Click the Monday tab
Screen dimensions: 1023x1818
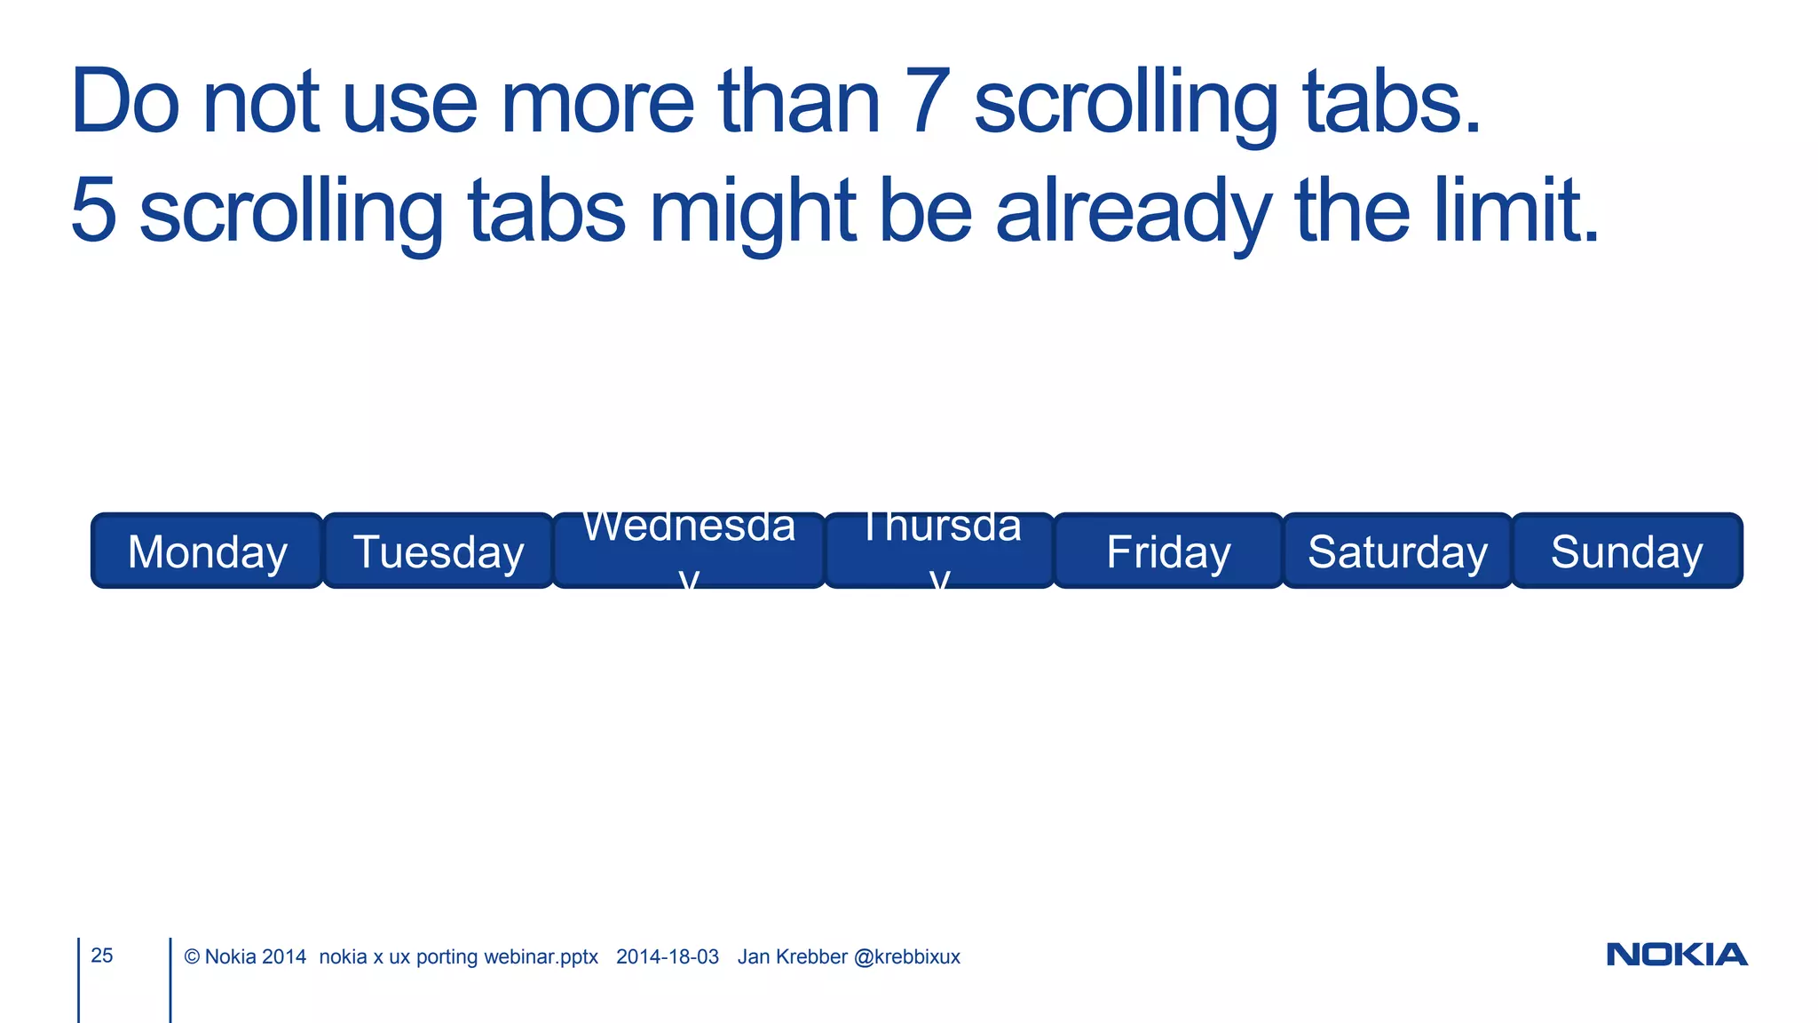207,551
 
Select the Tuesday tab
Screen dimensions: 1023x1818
439,551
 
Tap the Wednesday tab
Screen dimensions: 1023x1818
689,551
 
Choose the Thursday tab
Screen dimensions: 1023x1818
940,551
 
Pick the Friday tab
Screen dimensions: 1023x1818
1168,551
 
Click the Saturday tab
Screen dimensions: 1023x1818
1397,551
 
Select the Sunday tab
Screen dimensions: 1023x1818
1626,551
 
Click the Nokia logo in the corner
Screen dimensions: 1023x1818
1676,955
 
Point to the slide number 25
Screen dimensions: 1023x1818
102,956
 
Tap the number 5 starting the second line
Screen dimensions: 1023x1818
93,210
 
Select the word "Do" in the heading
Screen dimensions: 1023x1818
125,102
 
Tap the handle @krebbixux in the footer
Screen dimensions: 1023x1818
906,957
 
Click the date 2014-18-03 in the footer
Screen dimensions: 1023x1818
668,957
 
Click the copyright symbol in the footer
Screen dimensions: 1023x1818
192,957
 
